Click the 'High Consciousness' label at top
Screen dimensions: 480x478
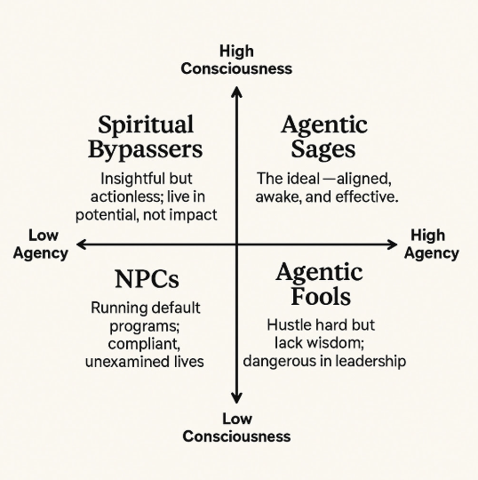(x=236, y=59)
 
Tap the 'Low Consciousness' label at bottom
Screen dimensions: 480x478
(x=236, y=427)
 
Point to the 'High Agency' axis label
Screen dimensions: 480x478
(x=432, y=244)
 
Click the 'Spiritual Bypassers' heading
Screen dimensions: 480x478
(x=146, y=136)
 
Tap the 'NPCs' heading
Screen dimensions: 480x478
(x=147, y=279)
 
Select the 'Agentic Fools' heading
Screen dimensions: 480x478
(x=319, y=284)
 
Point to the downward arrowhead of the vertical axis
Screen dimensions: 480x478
(x=236, y=399)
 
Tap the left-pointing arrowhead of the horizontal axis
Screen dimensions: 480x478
(x=81, y=244)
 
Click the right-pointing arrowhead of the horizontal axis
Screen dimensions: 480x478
(x=393, y=244)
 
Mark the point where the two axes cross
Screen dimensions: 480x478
(x=236, y=244)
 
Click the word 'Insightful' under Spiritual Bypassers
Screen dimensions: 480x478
(x=133, y=178)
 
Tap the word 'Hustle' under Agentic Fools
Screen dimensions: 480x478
(x=290, y=324)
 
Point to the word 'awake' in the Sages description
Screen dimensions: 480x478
(x=278, y=196)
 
